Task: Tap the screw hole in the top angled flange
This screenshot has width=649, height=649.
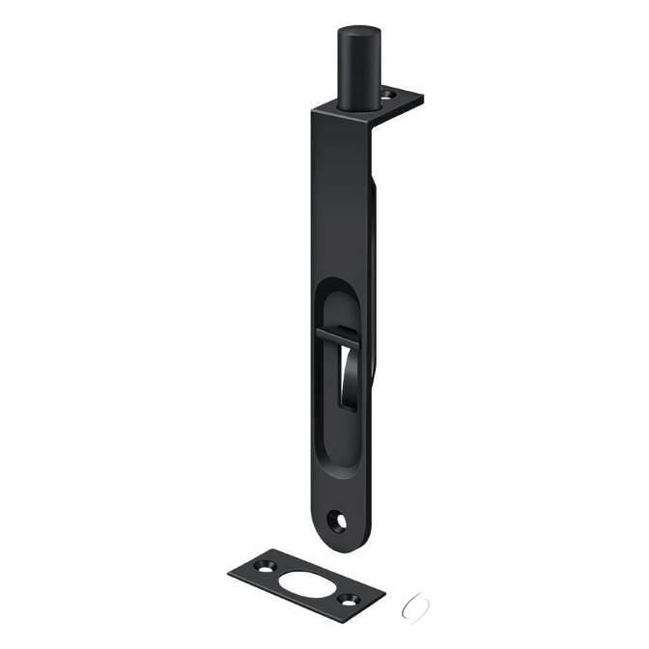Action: click(x=391, y=95)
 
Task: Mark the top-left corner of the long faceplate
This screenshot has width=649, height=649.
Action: click(x=314, y=112)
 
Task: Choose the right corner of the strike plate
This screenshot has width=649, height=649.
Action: click(x=383, y=590)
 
